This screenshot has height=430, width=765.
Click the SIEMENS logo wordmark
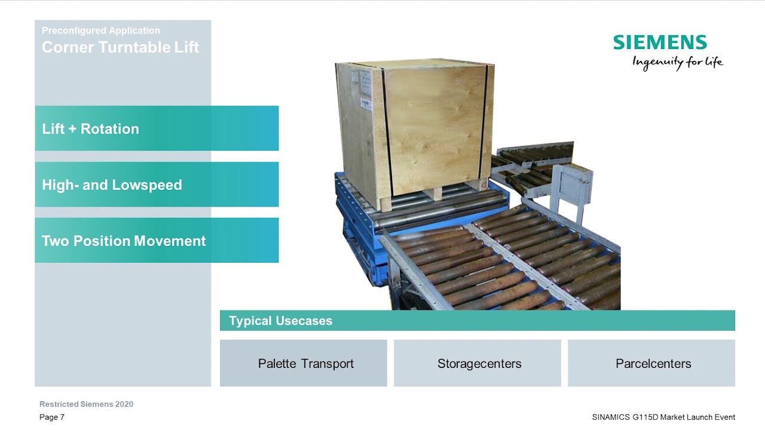(660, 42)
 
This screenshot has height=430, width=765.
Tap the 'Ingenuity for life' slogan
(678, 63)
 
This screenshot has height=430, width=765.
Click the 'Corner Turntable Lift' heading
(120, 47)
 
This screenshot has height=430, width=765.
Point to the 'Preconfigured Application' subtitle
(101, 30)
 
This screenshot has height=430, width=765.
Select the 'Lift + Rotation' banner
(157, 128)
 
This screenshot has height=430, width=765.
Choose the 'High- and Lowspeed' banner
(157, 185)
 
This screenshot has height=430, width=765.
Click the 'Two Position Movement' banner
(157, 240)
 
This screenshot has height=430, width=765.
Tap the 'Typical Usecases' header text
(280, 321)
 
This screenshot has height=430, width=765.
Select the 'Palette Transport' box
(303, 363)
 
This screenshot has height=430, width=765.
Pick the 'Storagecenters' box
(478, 363)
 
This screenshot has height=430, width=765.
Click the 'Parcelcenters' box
(651, 363)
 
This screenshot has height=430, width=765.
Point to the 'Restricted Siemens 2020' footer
(87, 404)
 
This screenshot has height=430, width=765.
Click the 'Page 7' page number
(52, 417)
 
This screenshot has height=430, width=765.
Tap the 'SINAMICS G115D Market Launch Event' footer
(663, 417)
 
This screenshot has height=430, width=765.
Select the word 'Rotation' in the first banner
(109, 129)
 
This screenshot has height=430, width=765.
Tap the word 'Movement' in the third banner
(170, 241)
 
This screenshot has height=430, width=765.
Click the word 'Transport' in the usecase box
(327, 364)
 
